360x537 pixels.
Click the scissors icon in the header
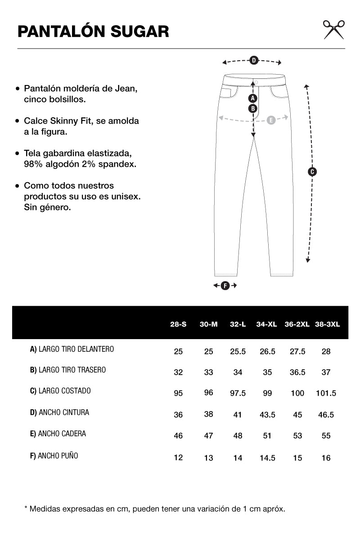333,30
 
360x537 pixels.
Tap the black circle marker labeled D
253,60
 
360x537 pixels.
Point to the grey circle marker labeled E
271,120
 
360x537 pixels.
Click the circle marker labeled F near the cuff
225,286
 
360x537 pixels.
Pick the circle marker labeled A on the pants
253,98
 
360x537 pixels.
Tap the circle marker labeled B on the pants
253,108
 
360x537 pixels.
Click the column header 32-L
238,324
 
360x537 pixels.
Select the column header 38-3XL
328,324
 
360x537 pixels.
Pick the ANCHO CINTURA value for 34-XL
267,415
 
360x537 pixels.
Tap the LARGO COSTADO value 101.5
326,393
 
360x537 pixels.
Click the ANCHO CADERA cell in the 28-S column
178,436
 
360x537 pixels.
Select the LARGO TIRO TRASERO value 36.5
297,372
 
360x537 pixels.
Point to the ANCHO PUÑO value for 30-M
208,458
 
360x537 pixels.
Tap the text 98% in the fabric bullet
33,164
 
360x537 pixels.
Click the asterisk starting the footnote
26,509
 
